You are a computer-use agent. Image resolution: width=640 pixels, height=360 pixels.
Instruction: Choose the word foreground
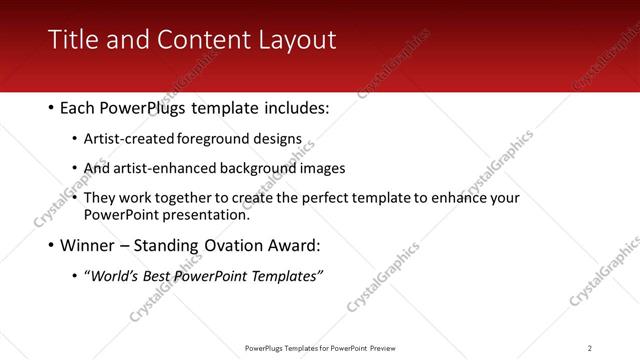coord(214,140)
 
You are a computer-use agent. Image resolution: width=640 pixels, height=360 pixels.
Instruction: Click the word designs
coord(276,140)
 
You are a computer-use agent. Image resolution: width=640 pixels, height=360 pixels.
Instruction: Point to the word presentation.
coord(207,214)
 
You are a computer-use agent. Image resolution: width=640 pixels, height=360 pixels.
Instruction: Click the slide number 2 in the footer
coord(590,347)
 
